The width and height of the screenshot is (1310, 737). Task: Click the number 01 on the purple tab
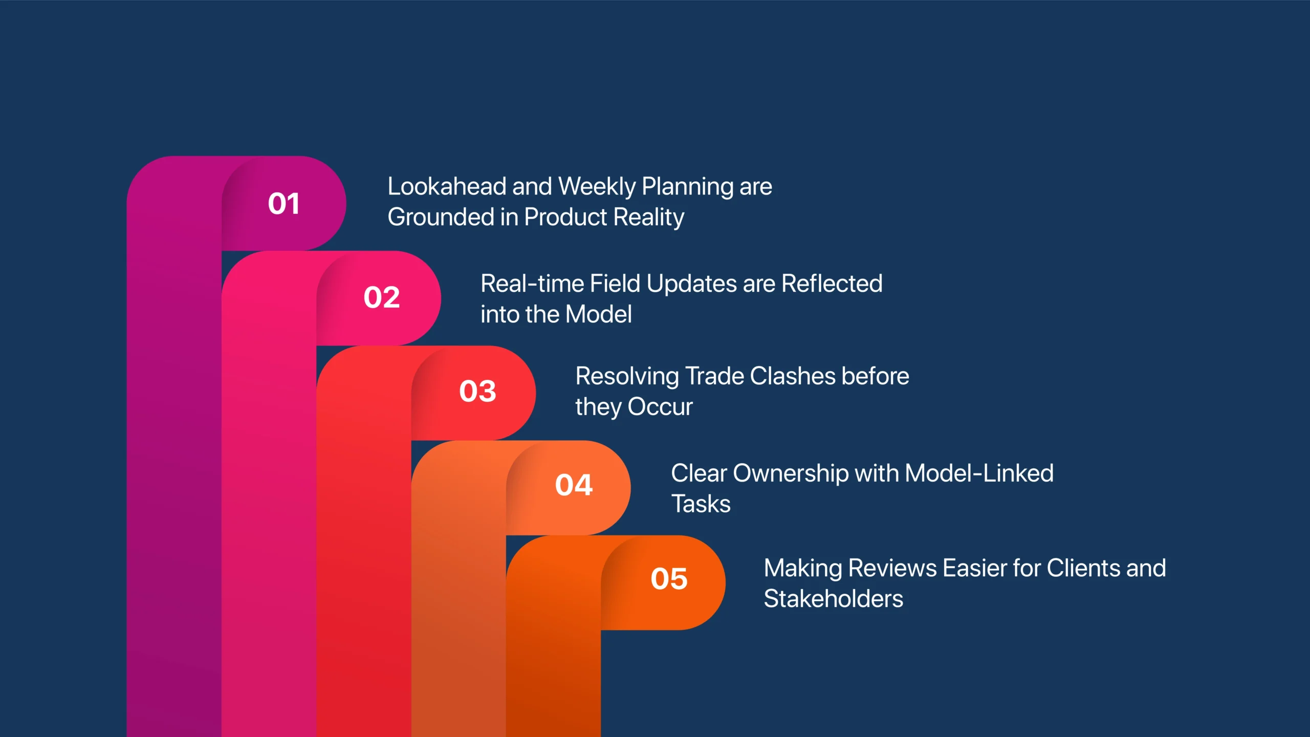(283, 204)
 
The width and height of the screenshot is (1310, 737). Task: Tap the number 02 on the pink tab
(382, 297)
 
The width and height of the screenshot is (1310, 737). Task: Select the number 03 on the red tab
(477, 392)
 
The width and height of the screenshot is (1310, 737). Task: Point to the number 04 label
(574, 485)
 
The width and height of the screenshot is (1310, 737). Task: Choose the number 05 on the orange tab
(669, 579)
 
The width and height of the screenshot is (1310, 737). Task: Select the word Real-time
(532, 284)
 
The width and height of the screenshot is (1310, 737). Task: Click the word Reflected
(832, 284)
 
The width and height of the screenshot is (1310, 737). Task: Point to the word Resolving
(627, 377)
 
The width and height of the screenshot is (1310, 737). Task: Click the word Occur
(660, 407)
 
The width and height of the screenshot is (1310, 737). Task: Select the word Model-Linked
(979, 473)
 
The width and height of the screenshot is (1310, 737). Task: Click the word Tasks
(701, 504)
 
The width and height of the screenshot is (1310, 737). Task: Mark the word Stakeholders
(834, 599)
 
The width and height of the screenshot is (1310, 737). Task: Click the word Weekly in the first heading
(597, 187)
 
